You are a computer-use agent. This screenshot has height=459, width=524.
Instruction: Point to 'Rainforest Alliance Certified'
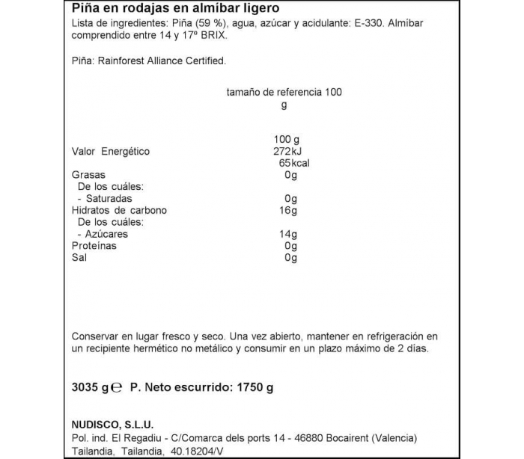point(162,62)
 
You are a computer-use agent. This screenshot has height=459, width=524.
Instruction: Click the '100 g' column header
point(287,140)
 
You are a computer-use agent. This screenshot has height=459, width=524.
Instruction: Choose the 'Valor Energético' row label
point(111,152)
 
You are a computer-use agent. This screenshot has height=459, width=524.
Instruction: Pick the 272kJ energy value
point(288,152)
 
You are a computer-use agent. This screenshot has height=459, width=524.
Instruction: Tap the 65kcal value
point(294,164)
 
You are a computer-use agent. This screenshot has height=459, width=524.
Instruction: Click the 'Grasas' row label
point(88,176)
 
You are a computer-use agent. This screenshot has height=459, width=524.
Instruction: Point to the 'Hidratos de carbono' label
point(119,211)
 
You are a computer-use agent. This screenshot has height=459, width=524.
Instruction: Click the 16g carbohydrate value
point(288,211)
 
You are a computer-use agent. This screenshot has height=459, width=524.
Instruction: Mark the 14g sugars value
point(288,234)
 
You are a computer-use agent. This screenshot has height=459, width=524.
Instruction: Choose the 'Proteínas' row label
point(94,246)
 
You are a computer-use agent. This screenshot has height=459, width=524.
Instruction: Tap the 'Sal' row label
point(79,258)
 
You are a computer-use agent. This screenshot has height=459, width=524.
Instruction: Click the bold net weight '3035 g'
point(90,388)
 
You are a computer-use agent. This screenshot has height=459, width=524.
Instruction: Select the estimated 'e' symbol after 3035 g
point(118,389)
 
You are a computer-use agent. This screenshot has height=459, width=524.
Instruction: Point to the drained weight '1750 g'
point(255,388)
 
